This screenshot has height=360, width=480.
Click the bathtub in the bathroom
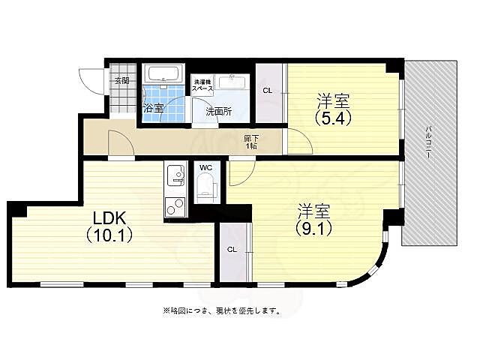[x=163, y=74]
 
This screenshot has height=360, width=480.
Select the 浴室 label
[x=153, y=109]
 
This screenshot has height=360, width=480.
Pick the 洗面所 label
[x=217, y=111]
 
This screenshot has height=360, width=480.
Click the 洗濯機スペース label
[x=203, y=85]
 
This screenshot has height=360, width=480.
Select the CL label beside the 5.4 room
[x=267, y=91]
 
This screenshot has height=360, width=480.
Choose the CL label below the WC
[x=232, y=249]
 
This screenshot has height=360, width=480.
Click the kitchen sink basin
[x=175, y=176]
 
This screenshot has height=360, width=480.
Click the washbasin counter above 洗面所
[x=232, y=82]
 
